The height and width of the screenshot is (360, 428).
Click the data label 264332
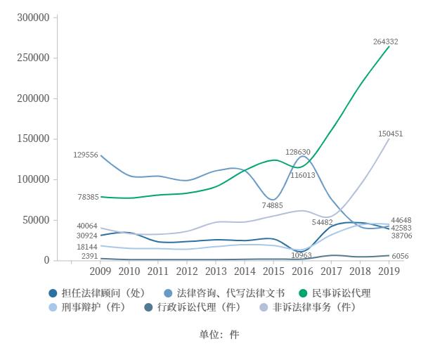point(386,41)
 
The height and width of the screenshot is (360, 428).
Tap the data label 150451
point(390,134)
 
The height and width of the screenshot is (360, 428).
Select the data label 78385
point(88,198)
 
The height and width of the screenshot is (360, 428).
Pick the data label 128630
point(298,152)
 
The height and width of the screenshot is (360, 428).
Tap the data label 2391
point(90,257)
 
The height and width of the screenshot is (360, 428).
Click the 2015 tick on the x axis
point(273,271)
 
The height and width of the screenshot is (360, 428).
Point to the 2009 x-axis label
point(100,271)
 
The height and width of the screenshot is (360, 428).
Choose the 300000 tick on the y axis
point(33,18)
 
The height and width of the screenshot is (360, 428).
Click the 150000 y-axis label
point(33,139)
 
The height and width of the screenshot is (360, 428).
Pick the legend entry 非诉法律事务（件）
point(313,307)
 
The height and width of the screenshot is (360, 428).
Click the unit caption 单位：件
point(219,335)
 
